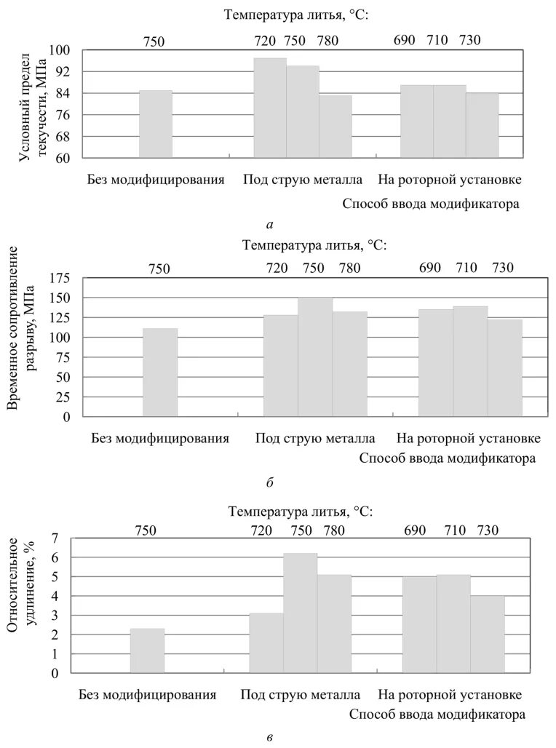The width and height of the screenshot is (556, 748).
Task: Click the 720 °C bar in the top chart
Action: coord(269,108)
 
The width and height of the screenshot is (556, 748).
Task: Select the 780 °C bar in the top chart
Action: coord(335,127)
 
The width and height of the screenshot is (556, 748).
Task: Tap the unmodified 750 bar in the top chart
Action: coord(156,124)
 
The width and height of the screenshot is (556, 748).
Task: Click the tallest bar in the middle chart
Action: coord(315,357)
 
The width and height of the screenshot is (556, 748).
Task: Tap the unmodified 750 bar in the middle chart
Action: coord(160,373)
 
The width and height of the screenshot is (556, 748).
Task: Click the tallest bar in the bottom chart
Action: coord(300,613)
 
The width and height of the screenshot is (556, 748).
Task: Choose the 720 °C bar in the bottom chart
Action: coord(266,643)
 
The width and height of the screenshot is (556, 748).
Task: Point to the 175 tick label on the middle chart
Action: coord(59,278)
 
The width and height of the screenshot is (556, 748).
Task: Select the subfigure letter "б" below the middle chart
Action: coord(269,482)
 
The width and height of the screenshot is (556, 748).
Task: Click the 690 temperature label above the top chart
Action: coord(404,40)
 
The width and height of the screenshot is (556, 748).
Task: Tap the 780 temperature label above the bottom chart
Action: coord(333,530)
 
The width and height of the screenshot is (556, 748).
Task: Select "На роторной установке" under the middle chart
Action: coord(468,439)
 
